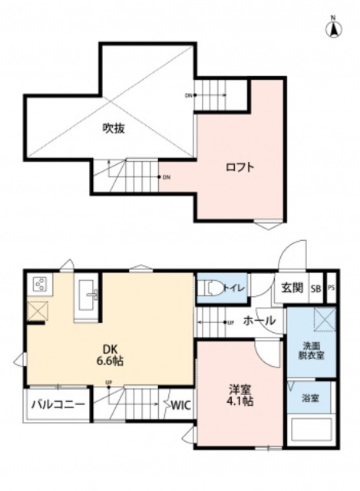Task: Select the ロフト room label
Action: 239,167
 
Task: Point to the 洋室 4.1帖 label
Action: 239,394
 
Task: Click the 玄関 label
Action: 291,288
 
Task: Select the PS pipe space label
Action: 332,288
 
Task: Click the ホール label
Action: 259,321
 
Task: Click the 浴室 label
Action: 310,398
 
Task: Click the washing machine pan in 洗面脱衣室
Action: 322,318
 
